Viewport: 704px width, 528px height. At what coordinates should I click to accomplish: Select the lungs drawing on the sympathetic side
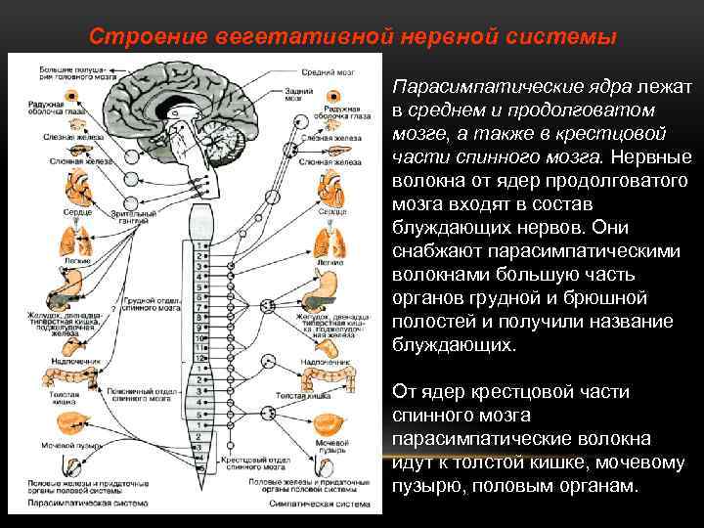click(333, 244)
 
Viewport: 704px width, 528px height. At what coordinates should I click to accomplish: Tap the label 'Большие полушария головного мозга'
click(67, 75)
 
